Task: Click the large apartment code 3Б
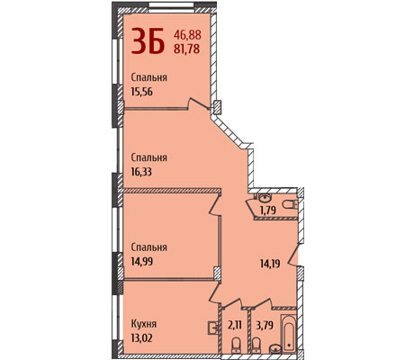pyautogui.click(x=148, y=40)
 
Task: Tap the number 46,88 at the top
pyautogui.click(x=187, y=35)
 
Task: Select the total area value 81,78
pyautogui.click(x=187, y=49)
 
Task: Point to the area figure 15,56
pyautogui.click(x=142, y=91)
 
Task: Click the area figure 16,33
pyautogui.click(x=141, y=172)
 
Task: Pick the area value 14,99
pyautogui.click(x=142, y=261)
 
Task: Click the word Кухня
pyautogui.click(x=144, y=324)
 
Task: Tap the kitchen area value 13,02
pyautogui.click(x=142, y=338)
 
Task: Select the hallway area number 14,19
pyautogui.click(x=270, y=264)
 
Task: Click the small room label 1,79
pyautogui.click(x=268, y=210)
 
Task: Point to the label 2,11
pyautogui.click(x=235, y=325)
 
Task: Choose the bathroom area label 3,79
pyautogui.click(x=265, y=325)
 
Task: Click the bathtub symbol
pyautogui.click(x=289, y=332)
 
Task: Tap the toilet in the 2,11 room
pyautogui.click(x=237, y=345)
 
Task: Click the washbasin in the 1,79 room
pyautogui.click(x=265, y=198)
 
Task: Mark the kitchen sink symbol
pyautogui.click(x=213, y=328)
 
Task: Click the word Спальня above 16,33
pyautogui.click(x=149, y=157)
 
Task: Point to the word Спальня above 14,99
pyautogui.click(x=149, y=247)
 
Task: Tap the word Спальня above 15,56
pyautogui.click(x=149, y=77)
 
